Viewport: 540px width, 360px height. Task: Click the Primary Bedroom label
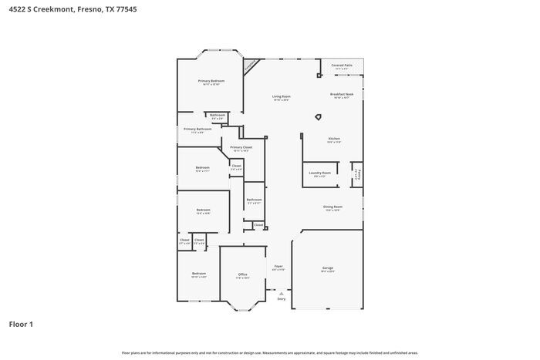211,81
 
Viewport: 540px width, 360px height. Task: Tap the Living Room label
281,96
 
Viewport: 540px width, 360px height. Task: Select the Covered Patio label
342,66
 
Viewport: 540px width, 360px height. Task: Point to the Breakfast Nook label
342,94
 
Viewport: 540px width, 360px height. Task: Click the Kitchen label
333,139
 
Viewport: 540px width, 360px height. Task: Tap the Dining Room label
332,207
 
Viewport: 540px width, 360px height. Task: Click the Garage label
328,268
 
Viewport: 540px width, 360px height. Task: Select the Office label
242,274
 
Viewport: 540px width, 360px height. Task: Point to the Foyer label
278,267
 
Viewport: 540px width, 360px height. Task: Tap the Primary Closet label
241,147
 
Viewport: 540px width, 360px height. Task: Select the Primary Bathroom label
197,130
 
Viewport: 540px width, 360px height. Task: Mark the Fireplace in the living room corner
251,67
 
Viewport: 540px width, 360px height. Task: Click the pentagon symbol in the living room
317,117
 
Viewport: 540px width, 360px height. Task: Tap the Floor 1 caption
21,324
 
